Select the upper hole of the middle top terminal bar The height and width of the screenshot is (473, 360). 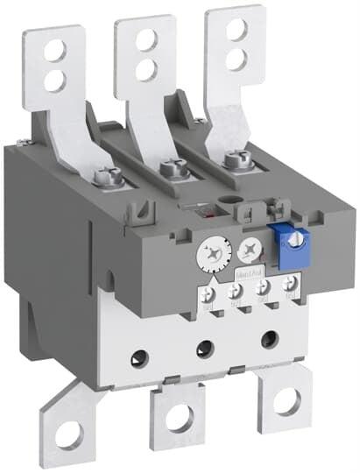(145, 38)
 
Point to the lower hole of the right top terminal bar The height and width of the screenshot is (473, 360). (234, 60)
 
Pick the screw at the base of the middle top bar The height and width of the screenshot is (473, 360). (175, 166)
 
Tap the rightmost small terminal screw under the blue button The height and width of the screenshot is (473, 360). (290, 283)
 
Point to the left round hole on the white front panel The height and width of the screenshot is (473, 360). (139, 355)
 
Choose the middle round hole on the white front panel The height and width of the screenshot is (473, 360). (203, 347)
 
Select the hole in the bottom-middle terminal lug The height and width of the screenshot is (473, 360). (179, 419)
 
